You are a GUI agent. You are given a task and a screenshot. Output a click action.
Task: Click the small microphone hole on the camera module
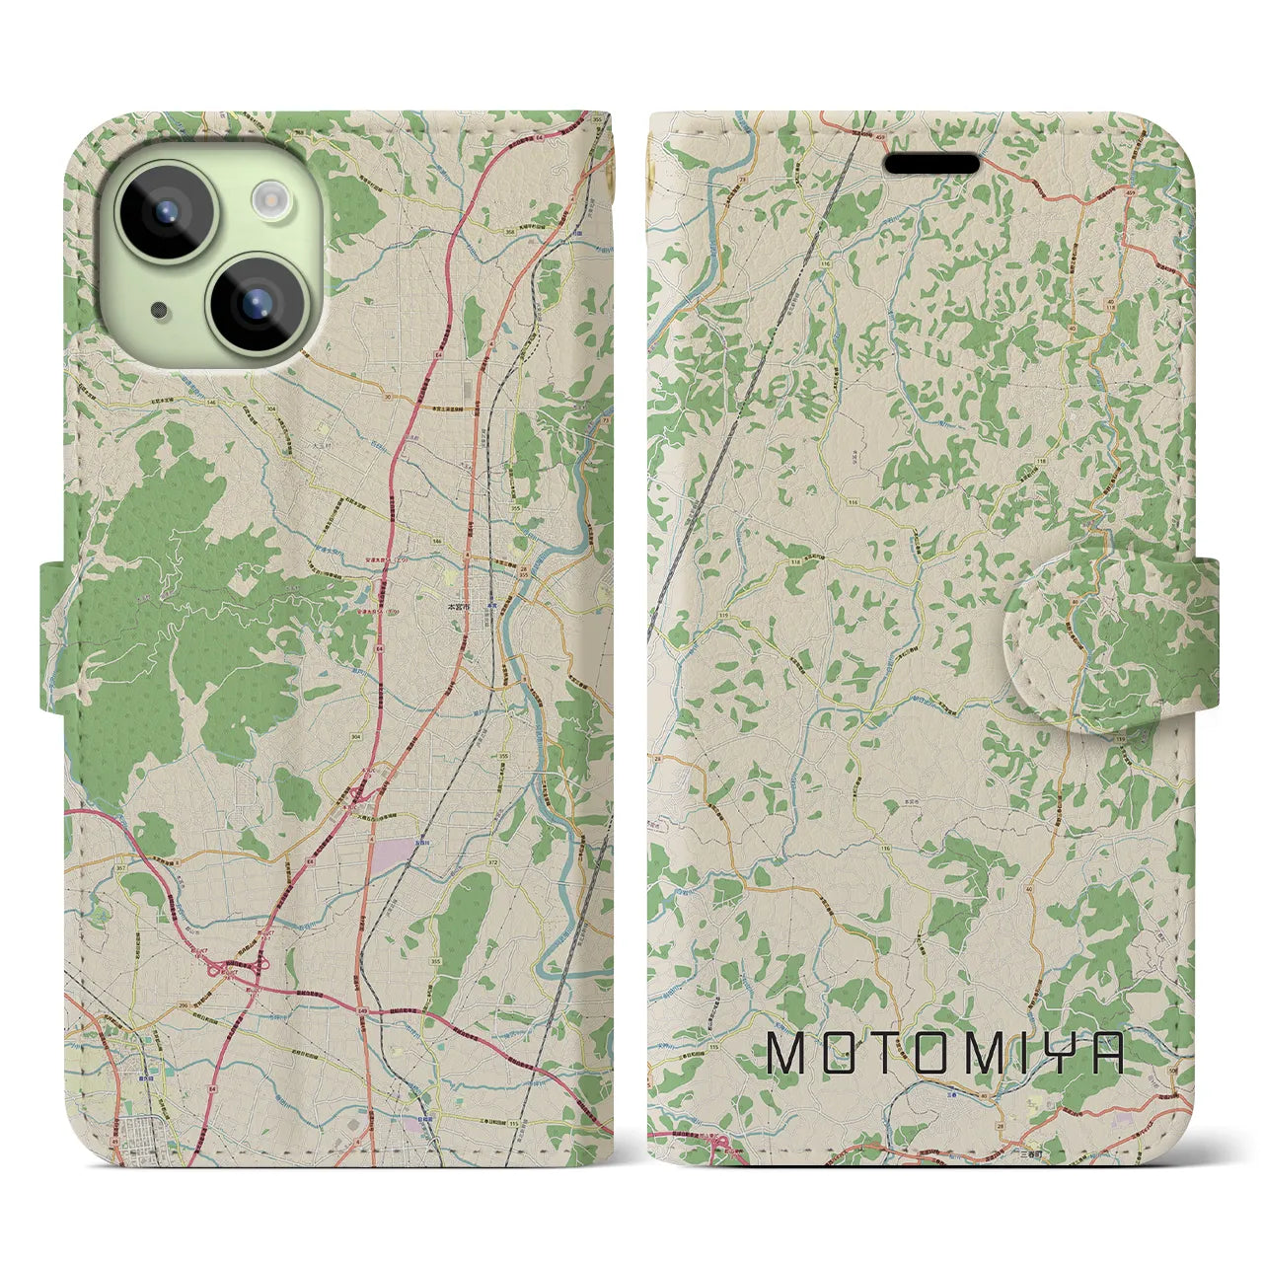[158, 310]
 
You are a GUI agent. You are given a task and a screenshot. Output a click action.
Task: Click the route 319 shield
[698, 615]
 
